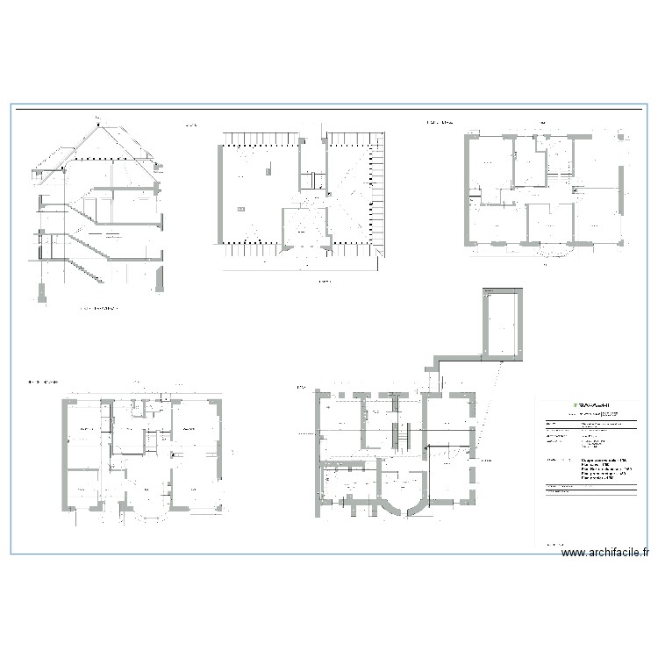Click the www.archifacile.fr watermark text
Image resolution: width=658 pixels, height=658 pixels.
point(605,553)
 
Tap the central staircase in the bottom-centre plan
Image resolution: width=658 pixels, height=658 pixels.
point(403,434)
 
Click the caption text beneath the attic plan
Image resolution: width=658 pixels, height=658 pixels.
point(324,282)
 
